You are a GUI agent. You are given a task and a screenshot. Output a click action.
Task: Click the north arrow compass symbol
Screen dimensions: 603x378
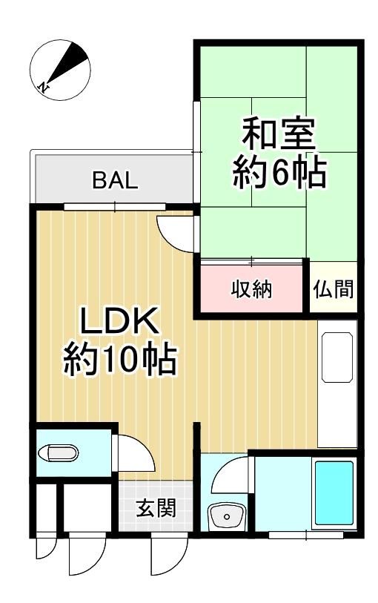pos(62,70)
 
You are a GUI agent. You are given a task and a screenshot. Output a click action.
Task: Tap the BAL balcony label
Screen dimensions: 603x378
pos(115,181)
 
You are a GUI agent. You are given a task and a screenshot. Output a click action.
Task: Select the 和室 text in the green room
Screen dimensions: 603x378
pos(279,135)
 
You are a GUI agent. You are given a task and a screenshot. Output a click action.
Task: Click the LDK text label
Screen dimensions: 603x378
pos(119,324)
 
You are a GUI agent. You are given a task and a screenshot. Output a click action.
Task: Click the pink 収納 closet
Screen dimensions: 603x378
pos(252,289)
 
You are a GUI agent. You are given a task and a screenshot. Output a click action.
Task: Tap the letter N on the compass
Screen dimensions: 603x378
pos(45,87)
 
